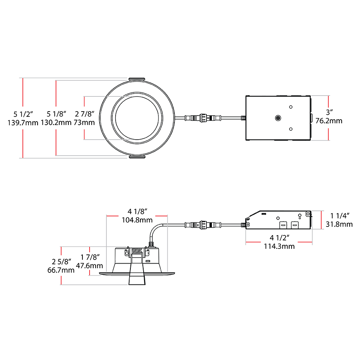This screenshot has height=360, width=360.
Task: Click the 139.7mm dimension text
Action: (x=23, y=122)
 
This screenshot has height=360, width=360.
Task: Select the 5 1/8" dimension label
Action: (x=56, y=113)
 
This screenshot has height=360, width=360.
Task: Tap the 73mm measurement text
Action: (x=84, y=122)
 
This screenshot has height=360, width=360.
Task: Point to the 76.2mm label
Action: (x=329, y=120)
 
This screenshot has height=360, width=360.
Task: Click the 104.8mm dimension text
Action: (x=137, y=220)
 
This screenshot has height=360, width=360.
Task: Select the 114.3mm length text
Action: (x=279, y=246)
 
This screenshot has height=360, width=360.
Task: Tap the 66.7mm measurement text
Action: (x=61, y=270)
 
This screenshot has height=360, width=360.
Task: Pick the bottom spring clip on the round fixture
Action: (x=136, y=158)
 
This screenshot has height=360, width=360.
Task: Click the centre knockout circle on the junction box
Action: (x=278, y=118)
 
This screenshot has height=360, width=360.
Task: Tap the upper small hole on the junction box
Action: (x=291, y=107)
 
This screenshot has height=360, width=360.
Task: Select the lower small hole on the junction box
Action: (x=291, y=129)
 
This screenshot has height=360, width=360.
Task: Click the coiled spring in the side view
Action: (x=137, y=252)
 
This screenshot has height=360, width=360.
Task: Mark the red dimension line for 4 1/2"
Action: (x=279, y=242)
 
